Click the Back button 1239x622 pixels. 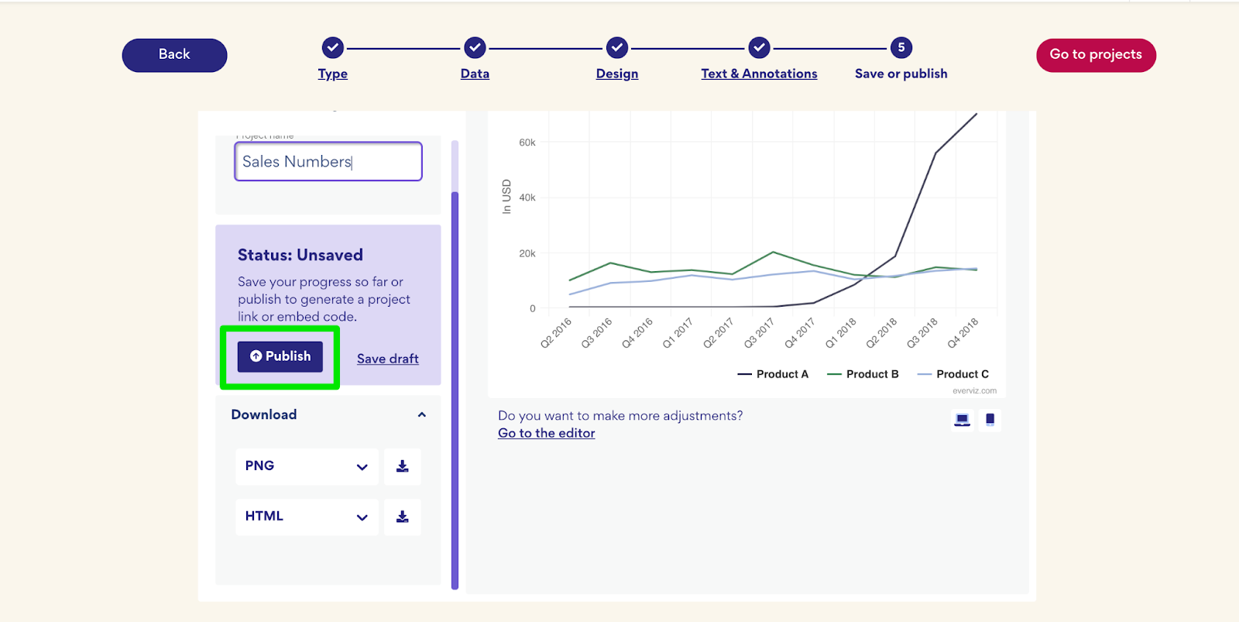[x=174, y=55]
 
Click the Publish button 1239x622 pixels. [x=280, y=356]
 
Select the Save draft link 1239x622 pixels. [x=387, y=359]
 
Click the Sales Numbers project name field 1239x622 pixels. [x=328, y=161]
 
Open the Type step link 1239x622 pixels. [x=332, y=74]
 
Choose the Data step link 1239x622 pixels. [x=475, y=74]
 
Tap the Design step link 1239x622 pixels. [x=617, y=74]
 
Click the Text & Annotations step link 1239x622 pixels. [x=759, y=74]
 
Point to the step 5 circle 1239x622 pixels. [x=901, y=47]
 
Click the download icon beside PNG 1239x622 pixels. [x=403, y=466]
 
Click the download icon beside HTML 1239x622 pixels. [x=403, y=517]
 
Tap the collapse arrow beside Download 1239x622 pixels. [x=422, y=415]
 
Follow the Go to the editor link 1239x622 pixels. [x=546, y=433]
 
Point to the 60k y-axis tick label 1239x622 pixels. [x=527, y=143]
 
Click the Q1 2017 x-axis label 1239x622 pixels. [x=678, y=333]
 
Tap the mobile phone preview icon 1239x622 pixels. [x=990, y=420]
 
